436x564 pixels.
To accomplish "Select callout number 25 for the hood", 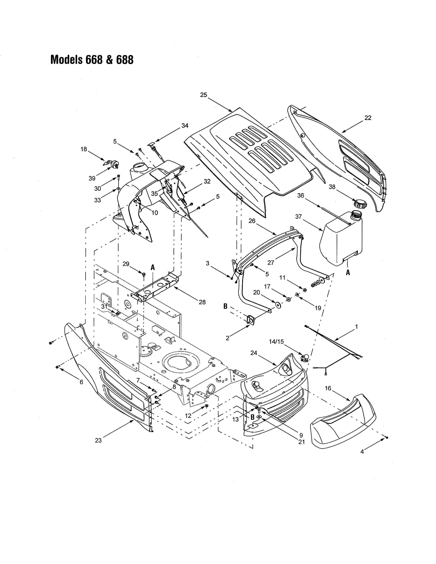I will (x=203, y=95).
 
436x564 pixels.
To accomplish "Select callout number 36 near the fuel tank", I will (x=300, y=196).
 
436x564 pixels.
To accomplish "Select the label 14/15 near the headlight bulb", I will (x=276, y=342).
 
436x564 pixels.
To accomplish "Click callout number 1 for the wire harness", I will (x=356, y=327).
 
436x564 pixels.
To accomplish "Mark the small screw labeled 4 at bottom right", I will (x=387, y=438).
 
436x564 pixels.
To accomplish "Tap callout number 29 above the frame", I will (x=126, y=264).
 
